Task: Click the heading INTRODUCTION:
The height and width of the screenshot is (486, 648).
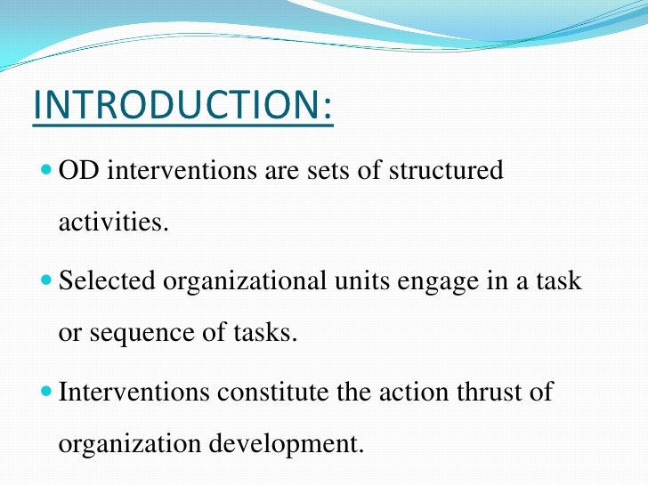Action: tap(182, 108)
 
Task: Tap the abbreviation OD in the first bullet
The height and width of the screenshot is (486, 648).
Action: tap(78, 172)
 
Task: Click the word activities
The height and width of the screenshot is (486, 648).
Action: tap(112, 222)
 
